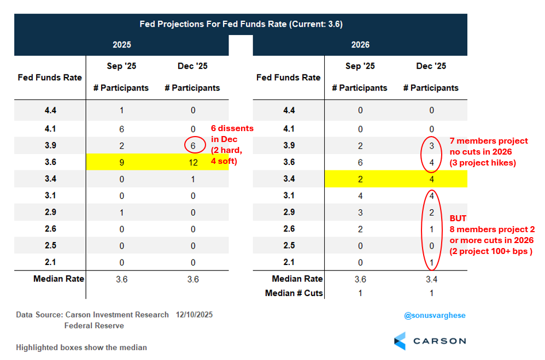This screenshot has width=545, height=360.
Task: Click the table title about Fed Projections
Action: click(x=241, y=24)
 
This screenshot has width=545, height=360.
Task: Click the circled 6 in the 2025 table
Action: click(x=193, y=146)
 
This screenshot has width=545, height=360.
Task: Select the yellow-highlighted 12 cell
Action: click(x=193, y=162)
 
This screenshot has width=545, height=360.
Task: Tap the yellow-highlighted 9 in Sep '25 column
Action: click(x=121, y=162)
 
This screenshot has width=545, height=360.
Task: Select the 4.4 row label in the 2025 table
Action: click(x=50, y=110)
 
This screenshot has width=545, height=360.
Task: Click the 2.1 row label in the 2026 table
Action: click(x=289, y=263)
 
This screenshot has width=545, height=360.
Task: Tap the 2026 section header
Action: click(x=360, y=45)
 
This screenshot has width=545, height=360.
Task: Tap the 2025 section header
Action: click(x=121, y=45)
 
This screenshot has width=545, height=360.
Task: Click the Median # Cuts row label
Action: click(x=294, y=293)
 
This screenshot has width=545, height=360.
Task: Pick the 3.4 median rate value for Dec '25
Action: click(x=431, y=279)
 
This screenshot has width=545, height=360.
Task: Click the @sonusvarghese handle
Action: click(x=435, y=316)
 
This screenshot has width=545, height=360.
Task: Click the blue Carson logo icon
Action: click(x=400, y=341)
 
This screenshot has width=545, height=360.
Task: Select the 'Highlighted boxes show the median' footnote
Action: click(x=81, y=347)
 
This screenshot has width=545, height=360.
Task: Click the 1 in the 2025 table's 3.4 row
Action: click(x=193, y=179)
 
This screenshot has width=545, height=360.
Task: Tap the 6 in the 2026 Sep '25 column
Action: click(x=360, y=162)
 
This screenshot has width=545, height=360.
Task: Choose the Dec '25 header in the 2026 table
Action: click(x=431, y=66)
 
